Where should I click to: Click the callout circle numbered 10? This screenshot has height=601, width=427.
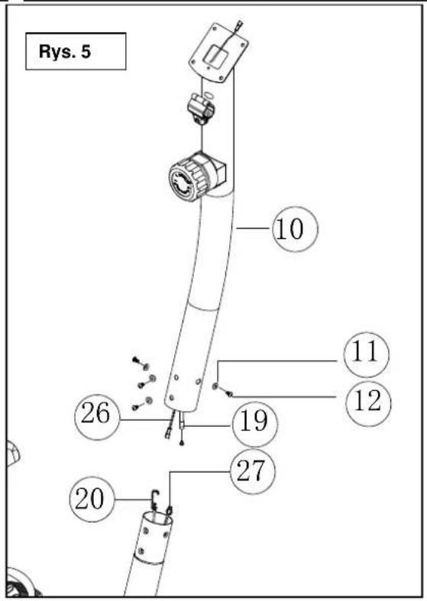(295, 229)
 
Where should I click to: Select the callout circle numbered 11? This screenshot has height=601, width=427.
(367, 354)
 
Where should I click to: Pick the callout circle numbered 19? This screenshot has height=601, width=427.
(254, 425)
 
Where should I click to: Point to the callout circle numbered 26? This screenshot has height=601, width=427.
(97, 417)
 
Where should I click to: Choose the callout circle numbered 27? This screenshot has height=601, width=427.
(253, 472)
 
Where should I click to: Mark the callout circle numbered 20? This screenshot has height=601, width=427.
(92, 499)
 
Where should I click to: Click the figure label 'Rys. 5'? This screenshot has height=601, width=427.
(65, 51)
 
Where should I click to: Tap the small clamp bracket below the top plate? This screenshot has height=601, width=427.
(200, 109)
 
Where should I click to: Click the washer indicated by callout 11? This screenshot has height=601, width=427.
(215, 386)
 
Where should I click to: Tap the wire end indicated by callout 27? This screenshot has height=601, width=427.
(170, 510)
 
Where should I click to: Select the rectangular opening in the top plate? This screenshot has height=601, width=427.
(215, 54)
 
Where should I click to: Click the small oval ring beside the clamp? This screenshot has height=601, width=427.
(208, 95)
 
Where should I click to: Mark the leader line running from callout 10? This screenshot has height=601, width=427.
(254, 228)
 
